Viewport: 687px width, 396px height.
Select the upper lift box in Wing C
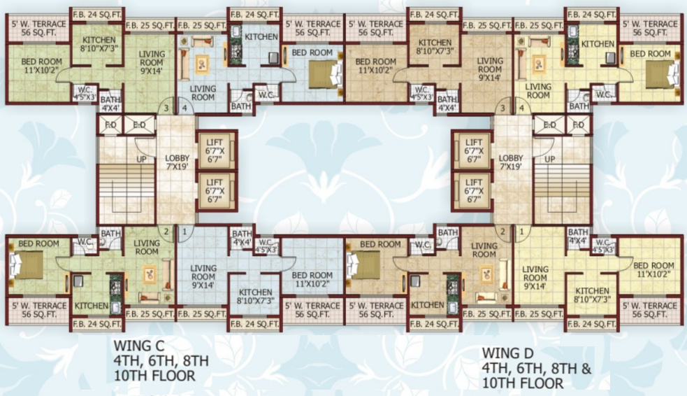click(x=217, y=150)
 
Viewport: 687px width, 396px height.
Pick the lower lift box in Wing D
click(x=473, y=190)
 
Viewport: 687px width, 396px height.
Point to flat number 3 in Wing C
click(x=166, y=108)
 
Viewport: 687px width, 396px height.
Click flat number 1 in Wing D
click(x=521, y=231)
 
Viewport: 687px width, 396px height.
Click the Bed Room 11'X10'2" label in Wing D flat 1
click(x=653, y=270)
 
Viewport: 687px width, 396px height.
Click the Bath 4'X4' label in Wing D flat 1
click(x=578, y=236)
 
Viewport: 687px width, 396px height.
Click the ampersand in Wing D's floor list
click(x=586, y=368)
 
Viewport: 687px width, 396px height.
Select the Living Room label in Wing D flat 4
click(x=537, y=91)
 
